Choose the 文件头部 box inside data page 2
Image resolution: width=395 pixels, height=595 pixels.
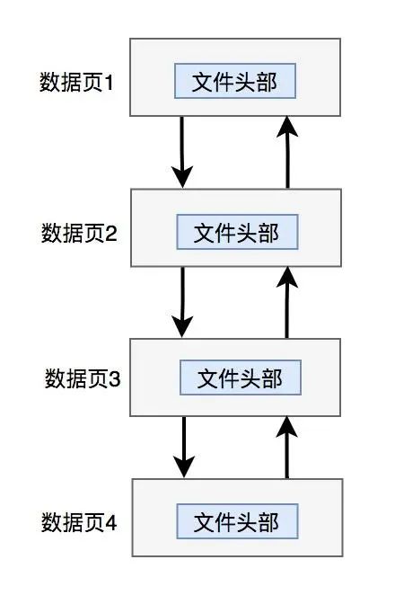coord(237,233)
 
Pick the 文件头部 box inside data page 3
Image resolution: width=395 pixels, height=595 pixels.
coord(240,378)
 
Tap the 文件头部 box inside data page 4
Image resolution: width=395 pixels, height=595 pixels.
coord(237,522)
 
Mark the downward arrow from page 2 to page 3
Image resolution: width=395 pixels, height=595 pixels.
coord(183,302)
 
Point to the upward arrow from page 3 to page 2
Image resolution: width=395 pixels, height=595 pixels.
coord(287,302)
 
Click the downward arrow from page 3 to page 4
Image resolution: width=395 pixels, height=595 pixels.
coord(184,447)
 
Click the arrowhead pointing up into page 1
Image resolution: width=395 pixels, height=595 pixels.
coord(287,129)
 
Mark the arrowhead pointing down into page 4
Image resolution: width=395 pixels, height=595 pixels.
coord(184,467)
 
